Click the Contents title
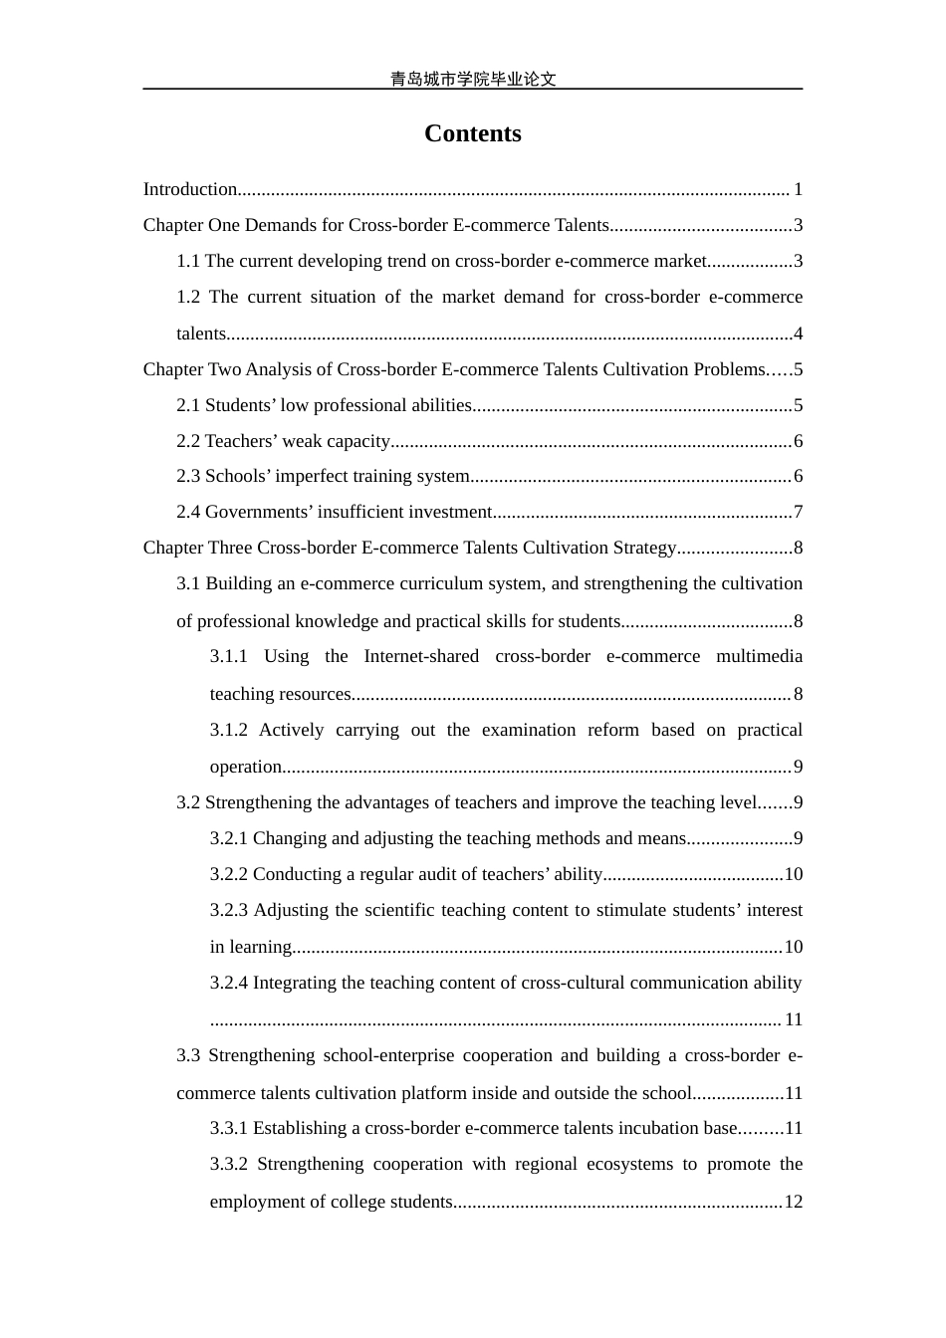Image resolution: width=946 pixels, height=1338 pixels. tap(472, 133)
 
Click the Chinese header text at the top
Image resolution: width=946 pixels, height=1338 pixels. tap(472, 79)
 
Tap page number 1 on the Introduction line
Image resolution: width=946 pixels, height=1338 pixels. tap(798, 189)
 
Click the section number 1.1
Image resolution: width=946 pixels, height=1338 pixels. tap(188, 261)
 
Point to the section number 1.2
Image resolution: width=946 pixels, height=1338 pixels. tap(188, 297)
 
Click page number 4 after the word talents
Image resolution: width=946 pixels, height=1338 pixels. tap(798, 334)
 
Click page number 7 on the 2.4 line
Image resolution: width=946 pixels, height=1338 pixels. tap(798, 512)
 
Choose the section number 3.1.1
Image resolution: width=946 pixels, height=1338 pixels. tap(228, 656)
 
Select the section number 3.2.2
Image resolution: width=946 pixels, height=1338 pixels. tap(229, 874)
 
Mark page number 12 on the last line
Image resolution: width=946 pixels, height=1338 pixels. tap(793, 1202)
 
